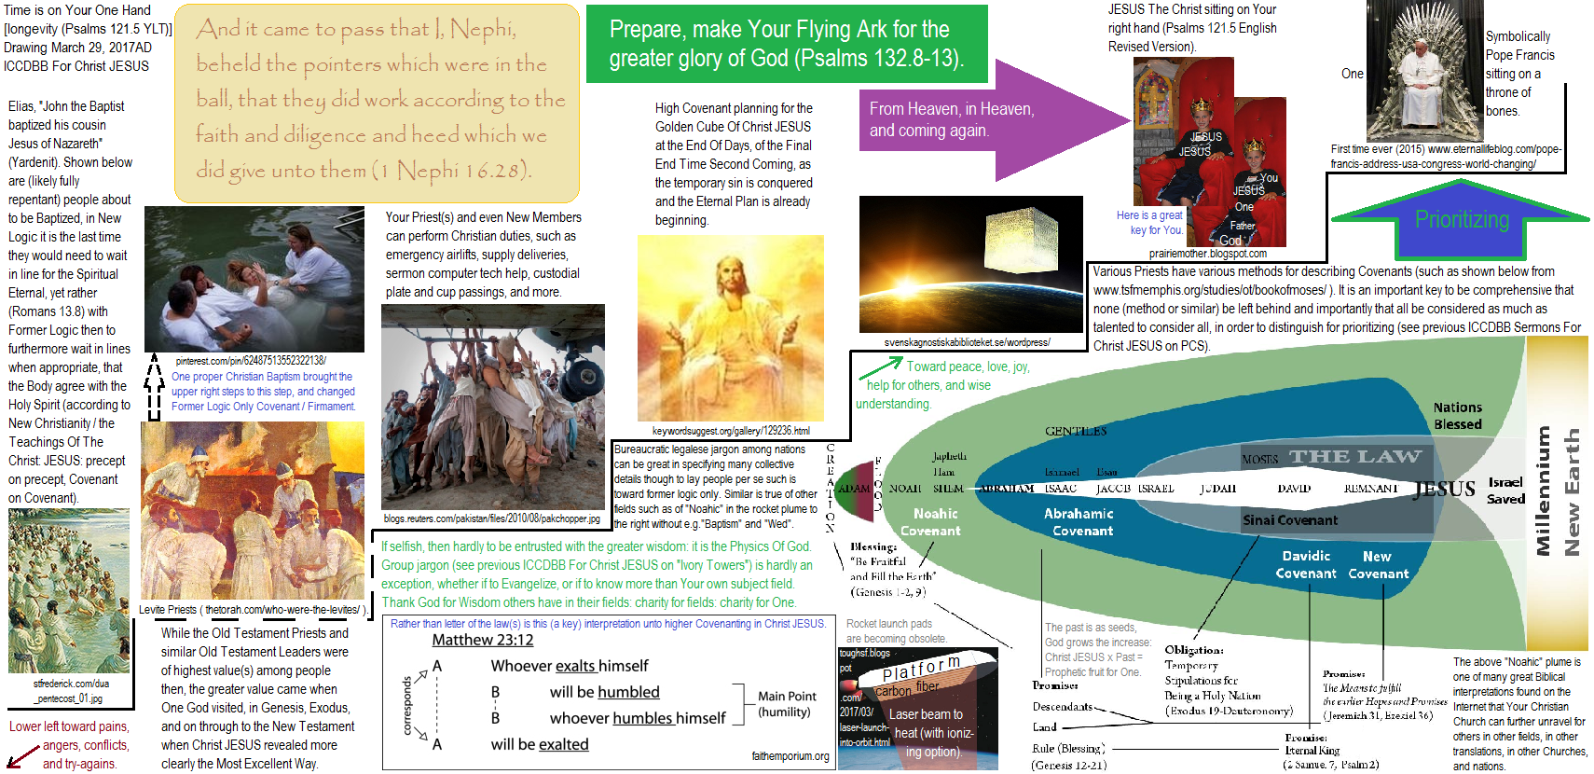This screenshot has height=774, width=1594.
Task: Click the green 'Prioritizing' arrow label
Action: point(1461,219)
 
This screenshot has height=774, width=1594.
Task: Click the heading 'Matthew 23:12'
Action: point(483,641)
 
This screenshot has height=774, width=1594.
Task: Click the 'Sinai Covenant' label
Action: point(1289,520)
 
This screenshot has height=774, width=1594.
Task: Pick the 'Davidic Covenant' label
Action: point(1306,565)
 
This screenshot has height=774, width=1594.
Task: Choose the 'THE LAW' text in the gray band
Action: point(1355,456)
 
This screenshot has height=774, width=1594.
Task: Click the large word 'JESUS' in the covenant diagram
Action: point(1444,490)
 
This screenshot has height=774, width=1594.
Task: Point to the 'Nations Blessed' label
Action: point(1457,416)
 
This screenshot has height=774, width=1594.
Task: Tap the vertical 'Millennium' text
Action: point(1543,491)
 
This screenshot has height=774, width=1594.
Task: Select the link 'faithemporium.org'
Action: point(790,756)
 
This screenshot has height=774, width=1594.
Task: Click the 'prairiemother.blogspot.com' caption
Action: point(1207,254)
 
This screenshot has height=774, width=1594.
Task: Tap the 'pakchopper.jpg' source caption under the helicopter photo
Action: point(492,518)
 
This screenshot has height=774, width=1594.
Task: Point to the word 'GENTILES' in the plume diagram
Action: point(1076,432)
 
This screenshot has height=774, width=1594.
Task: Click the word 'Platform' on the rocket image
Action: point(921,669)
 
